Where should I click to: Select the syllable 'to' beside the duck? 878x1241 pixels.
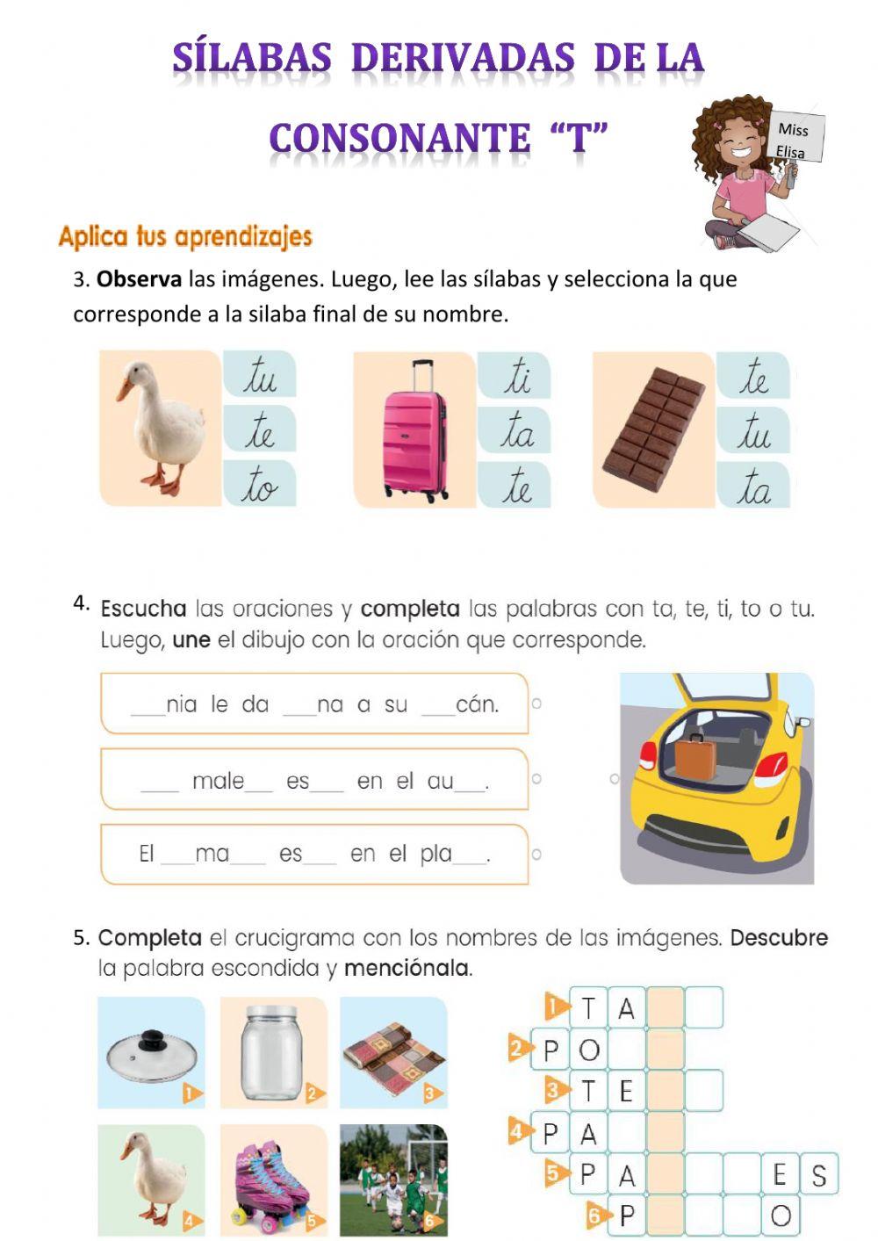260,485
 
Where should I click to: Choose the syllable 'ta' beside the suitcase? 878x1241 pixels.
516,429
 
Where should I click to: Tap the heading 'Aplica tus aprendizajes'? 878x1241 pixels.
185,236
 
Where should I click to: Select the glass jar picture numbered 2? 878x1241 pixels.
272,1051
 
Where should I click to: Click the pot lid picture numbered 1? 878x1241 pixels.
151,1051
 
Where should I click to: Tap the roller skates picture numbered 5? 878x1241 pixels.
272,1179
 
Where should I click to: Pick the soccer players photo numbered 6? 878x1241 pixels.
393,1179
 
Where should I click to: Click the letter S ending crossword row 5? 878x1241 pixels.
818,1175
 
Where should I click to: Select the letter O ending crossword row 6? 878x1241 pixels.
781,1216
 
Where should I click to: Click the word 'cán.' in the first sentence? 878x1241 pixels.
477,704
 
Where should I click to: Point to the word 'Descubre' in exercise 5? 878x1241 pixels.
779,937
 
